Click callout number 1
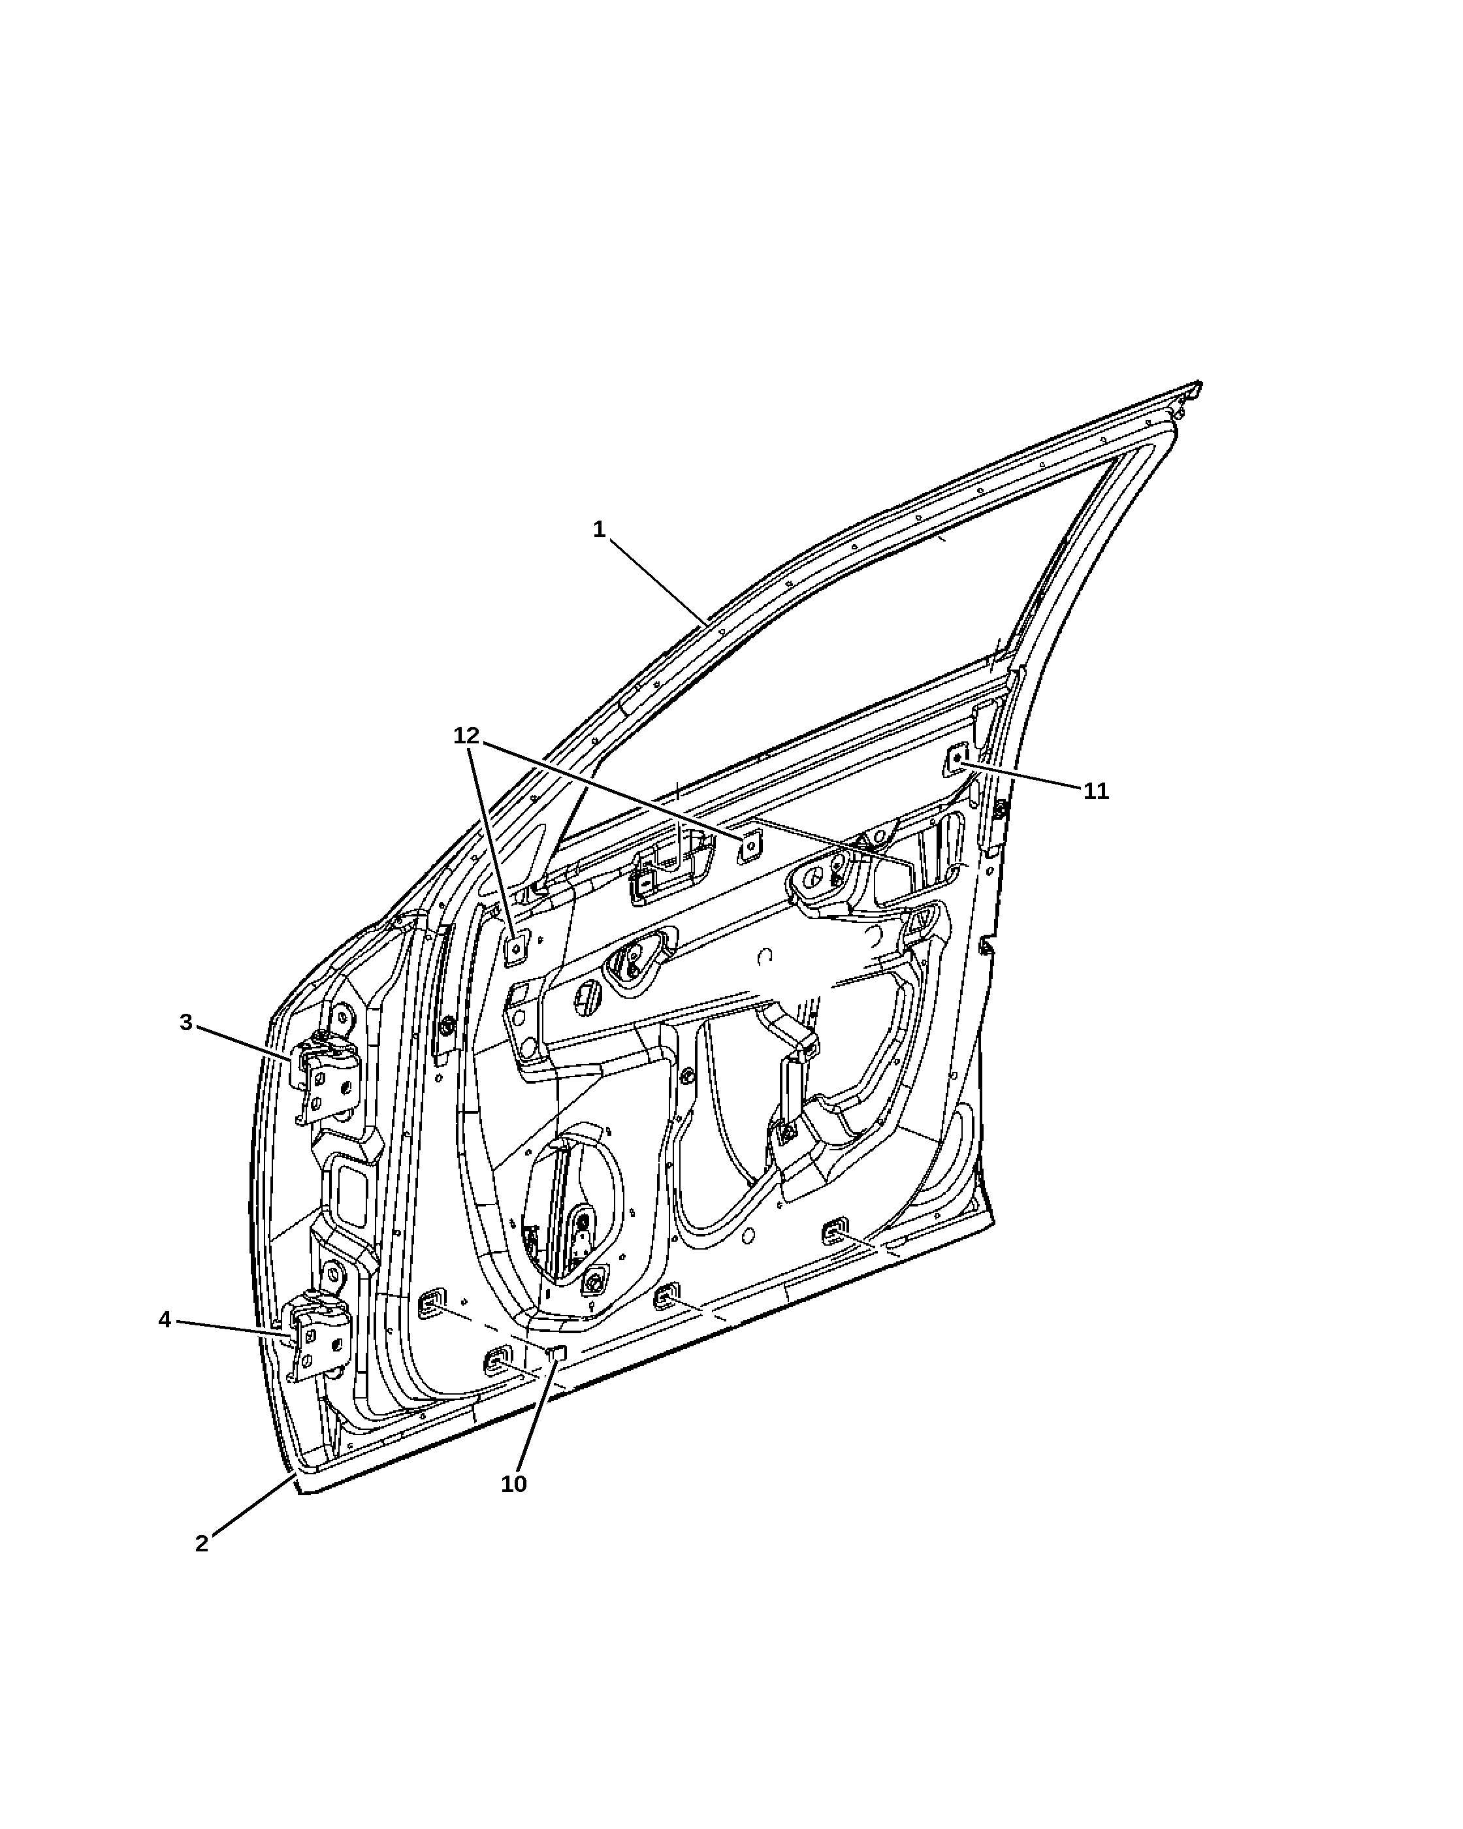pos(599,529)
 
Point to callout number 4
pos(165,1319)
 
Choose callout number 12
pos(466,736)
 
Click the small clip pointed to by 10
pos(557,1351)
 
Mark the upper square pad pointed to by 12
pos(750,846)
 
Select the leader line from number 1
pos(658,582)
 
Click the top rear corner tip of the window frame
pos(1198,383)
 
